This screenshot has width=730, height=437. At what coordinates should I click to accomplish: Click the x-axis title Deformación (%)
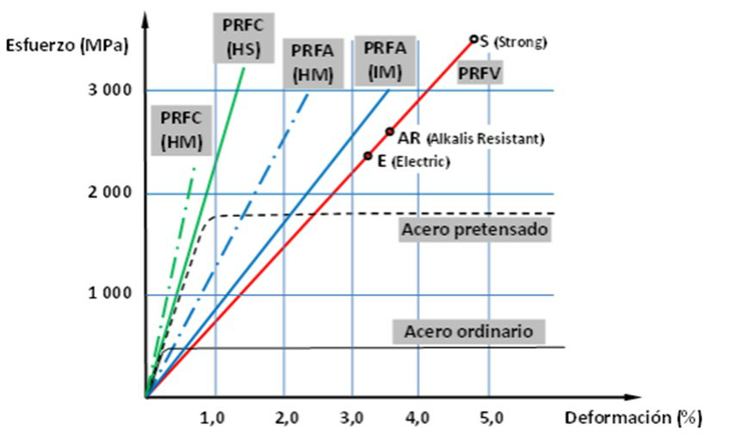coord(633,418)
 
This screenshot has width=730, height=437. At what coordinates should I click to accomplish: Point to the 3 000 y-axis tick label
coord(111,91)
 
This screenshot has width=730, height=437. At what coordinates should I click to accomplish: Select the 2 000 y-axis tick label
coord(111,193)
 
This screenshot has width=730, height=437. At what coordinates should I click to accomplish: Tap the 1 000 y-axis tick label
coord(111,294)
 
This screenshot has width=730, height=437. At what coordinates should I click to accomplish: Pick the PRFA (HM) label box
coord(313,62)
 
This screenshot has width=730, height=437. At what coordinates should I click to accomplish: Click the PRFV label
coord(481,74)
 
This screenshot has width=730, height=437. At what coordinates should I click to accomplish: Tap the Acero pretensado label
coord(474,230)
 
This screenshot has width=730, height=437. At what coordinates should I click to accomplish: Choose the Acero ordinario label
coord(469,331)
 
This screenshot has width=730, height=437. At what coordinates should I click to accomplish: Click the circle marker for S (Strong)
coord(473,39)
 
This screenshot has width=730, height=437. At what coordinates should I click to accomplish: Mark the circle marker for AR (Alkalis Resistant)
coord(389,132)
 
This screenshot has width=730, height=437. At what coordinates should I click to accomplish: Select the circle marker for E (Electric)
coord(368,156)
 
